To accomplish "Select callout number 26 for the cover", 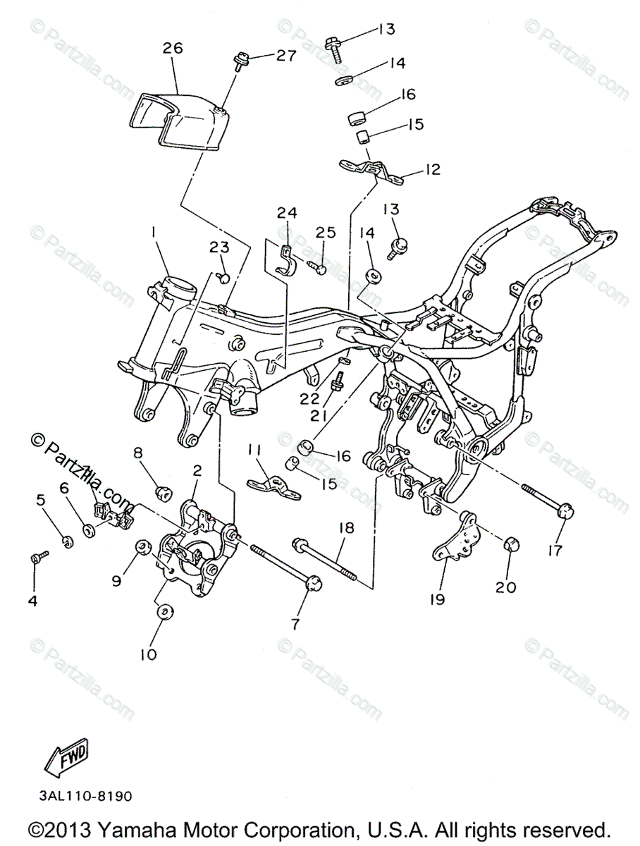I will coord(173,49).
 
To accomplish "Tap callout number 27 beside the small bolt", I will coord(285,56).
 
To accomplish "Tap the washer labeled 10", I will coord(162,612).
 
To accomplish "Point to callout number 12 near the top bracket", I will coord(431,169).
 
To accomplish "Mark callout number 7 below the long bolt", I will coord(295,623).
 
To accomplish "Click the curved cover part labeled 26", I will coord(180,120).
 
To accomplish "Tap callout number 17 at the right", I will coord(555,550).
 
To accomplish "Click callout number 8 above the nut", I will coord(138,452).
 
